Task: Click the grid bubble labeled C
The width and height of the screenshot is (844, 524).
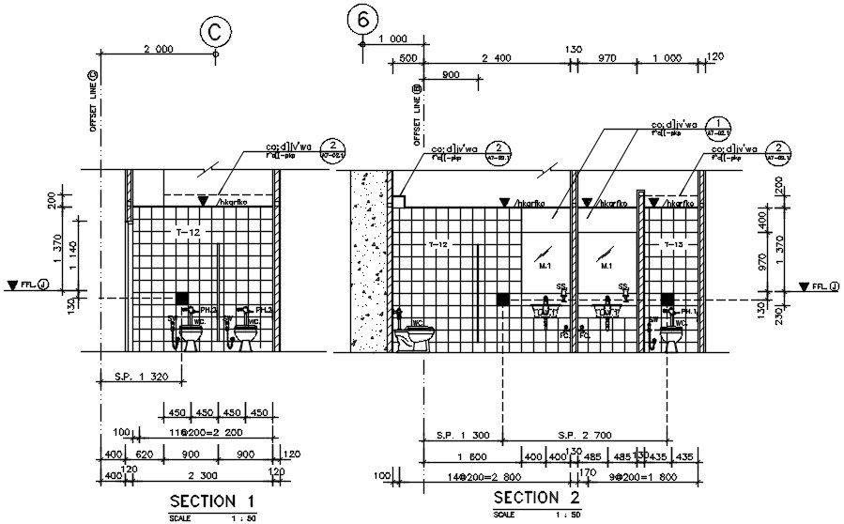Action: tap(215, 31)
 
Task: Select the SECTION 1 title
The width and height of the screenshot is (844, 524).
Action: tap(212, 499)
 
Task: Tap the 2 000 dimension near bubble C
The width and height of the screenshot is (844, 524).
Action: tap(159, 47)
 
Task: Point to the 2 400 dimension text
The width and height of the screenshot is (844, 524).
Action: tap(497, 58)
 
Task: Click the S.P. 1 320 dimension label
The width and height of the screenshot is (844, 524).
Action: tap(140, 378)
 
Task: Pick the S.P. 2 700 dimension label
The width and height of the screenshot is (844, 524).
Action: tap(585, 435)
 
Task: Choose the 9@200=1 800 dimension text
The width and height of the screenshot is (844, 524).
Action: tap(625, 476)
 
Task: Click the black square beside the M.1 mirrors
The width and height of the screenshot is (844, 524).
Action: tap(503, 298)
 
